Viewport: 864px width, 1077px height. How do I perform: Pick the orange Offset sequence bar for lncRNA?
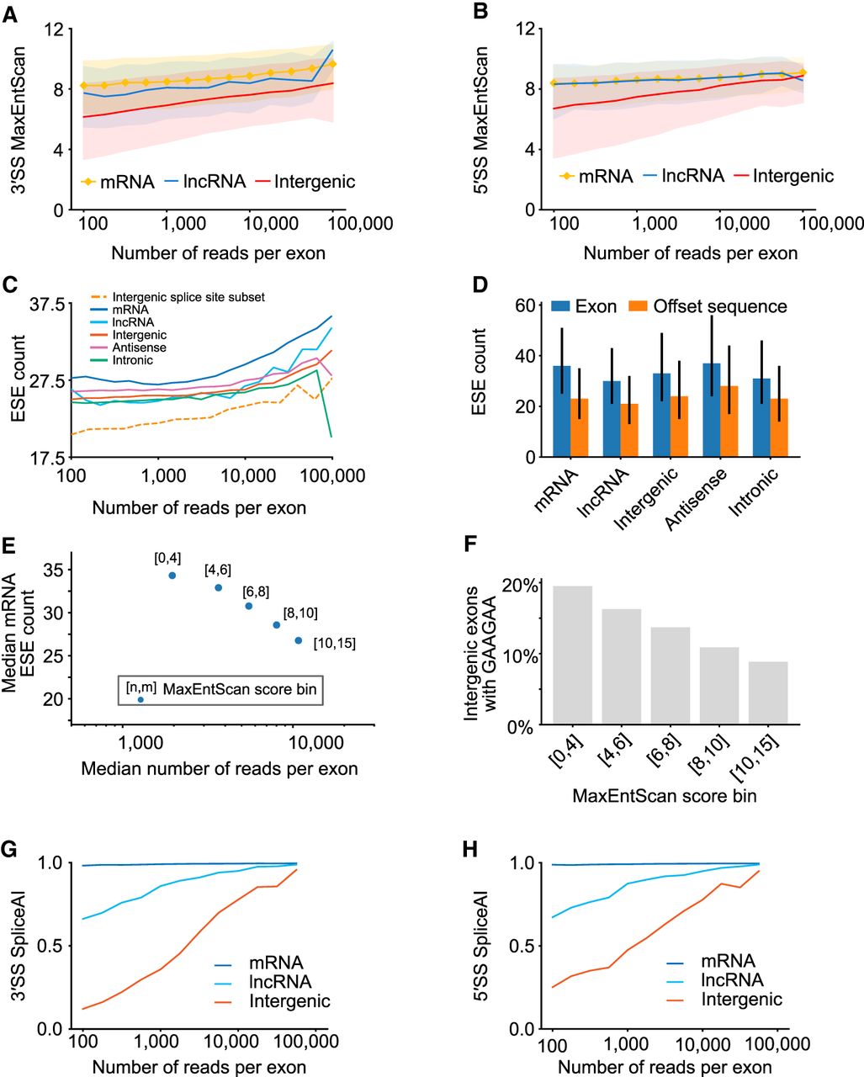[629, 430]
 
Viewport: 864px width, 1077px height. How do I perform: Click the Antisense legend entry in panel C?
[139, 348]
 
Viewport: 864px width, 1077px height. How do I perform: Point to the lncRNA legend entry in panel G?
[280, 981]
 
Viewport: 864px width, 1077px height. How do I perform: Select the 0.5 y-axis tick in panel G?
[49, 946]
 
